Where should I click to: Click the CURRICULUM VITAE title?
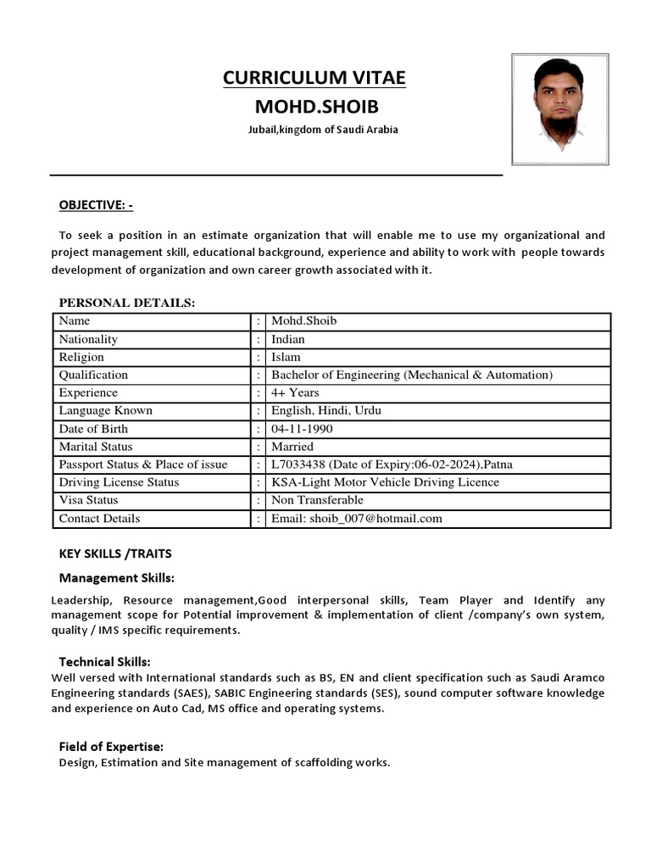[x=314, y=78]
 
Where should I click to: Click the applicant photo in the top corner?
[x=559, y=108]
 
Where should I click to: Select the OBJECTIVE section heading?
[x=96, y=205]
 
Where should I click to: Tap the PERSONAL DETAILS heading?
[x=126, y=303]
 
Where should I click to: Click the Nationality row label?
[x=88, y=339]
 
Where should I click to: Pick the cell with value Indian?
[x=288, y=339]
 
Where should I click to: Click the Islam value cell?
[x=286, y=357]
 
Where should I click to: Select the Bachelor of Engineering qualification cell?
[x=411, y=375]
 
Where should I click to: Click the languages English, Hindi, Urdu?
[x=325, y=410]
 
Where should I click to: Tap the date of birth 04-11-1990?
[x=302, y=429]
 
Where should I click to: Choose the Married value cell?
[x=292, y=447]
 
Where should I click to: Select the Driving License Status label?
[x=119, y=482]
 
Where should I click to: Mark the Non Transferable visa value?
[x=317, y=500]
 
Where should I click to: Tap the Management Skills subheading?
[x=116, y=578]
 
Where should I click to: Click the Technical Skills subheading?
[x=104, y=661]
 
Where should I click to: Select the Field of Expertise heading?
[x=111, y=746]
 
